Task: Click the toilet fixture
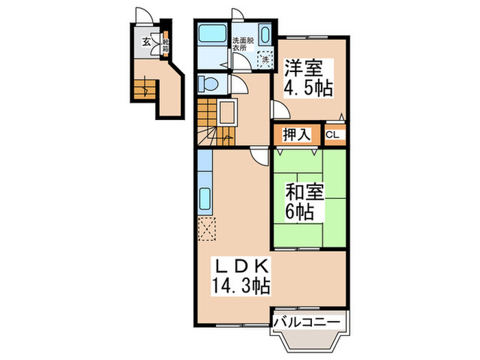pyautogui.click(x=208, y=84)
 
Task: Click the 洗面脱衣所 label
pyautogui.click(x=241, y=45)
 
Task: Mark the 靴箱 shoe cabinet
pyautogui.click(x=165, y=46)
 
